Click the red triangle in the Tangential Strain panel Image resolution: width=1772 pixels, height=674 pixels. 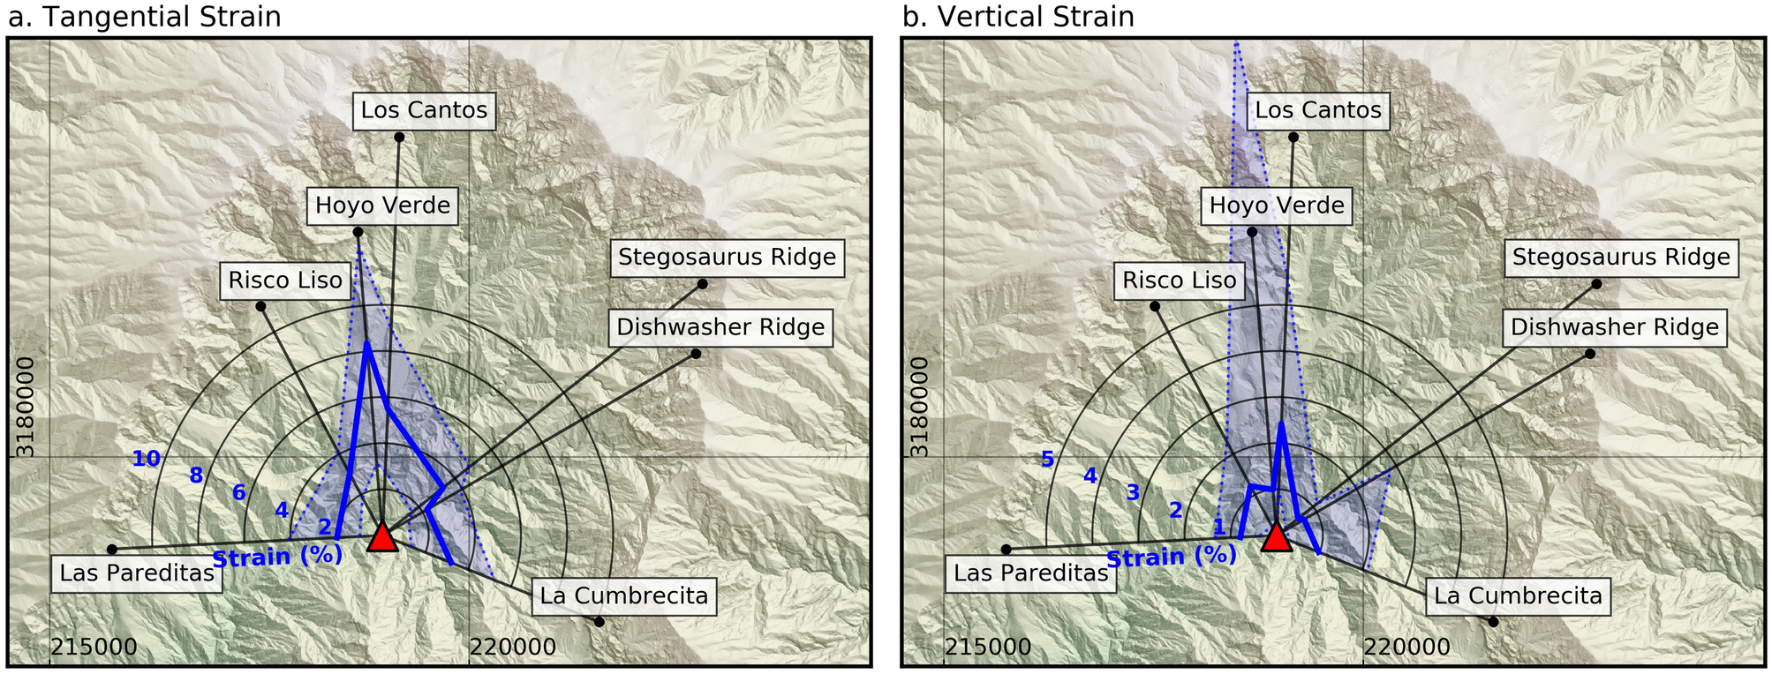[382, 538]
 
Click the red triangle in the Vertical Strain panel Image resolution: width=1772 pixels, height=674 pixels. [1277, 538]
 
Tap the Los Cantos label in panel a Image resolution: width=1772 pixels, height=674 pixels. [424, 110]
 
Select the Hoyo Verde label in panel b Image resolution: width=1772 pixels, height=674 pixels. [1277, 206]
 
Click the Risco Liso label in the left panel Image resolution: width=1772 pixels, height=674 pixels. [285, 281]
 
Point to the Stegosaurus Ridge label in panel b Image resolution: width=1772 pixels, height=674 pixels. [1621, 258]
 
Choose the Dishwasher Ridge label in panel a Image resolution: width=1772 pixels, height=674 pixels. [720, 327]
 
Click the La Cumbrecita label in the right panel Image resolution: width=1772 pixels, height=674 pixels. [1518, 596]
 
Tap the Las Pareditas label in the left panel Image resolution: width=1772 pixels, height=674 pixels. [137, 573]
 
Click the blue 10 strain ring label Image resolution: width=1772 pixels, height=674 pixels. [146, 459]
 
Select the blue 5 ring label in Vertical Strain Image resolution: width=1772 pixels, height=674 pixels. [1047, 459]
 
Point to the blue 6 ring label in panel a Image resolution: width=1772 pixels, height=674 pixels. [238, 493]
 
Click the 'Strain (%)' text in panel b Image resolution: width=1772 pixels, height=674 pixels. [1171, 557]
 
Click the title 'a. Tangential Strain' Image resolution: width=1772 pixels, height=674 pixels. [145, 17]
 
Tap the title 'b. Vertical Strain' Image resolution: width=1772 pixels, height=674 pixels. [1018, 17]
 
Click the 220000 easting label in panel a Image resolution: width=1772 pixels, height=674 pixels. [513, 648]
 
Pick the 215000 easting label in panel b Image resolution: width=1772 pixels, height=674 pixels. [988, 648]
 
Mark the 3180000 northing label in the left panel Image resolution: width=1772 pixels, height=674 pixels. [26, 407]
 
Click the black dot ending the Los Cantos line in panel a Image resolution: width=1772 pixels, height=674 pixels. [399, 137]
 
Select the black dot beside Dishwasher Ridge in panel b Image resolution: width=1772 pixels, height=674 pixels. [1590, 354]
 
